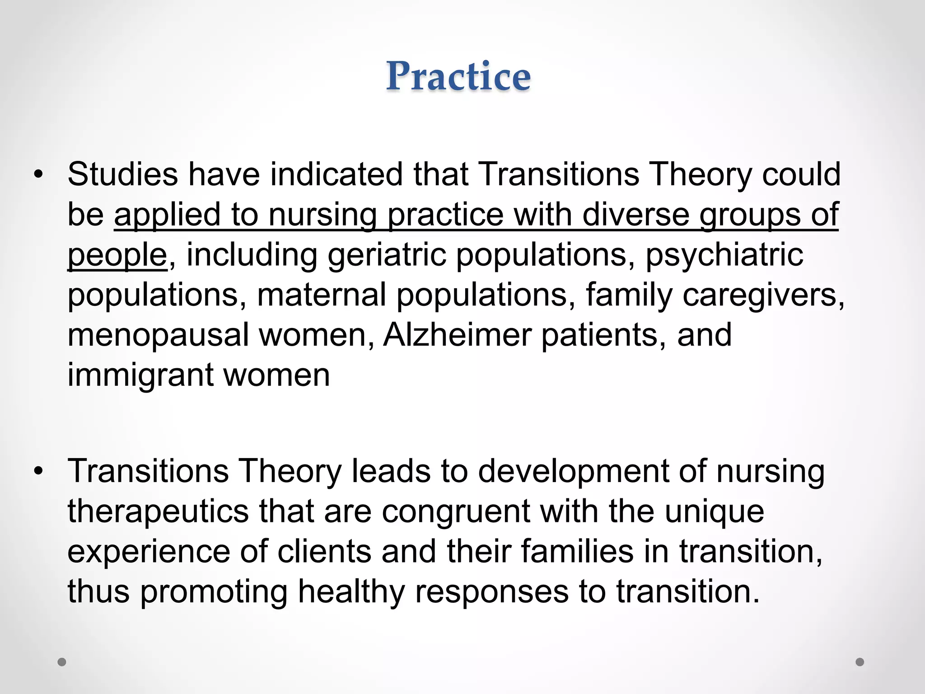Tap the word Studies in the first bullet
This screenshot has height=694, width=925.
(x=123, y=174)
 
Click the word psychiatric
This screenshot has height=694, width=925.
(x=724, y=255)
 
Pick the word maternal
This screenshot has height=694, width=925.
(x=321, y=295)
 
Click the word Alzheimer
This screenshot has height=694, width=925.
(x=457, y=335)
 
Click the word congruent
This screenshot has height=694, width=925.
(x=456, y=511)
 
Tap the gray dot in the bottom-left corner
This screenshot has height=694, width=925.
(x=62, y=662)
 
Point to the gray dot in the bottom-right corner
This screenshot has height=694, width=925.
(x=860, y=662)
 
